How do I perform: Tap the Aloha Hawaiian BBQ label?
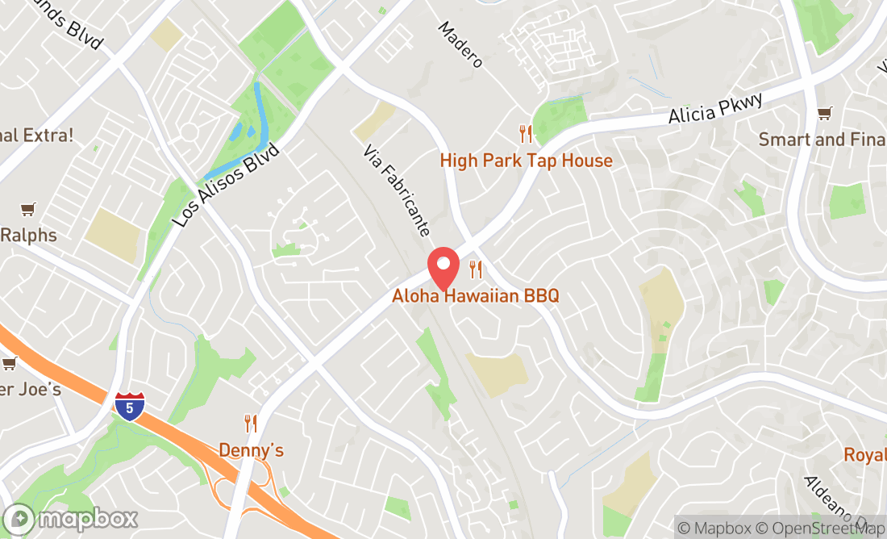[475, 296]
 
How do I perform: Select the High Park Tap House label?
[526, 161]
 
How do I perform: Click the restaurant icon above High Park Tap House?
[526, 133]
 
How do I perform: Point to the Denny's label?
[252, 450]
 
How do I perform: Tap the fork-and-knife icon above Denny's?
[251, 423]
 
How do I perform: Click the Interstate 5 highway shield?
[130, 404]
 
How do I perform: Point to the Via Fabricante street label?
[396, 190]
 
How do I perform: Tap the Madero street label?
[460, 44]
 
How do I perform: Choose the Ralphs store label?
[29, 236]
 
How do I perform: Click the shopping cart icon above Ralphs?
[28, 210]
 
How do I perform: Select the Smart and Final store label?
[822, 140]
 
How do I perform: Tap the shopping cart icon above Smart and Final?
[824, 113]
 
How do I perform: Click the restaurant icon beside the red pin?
[477, 269]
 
